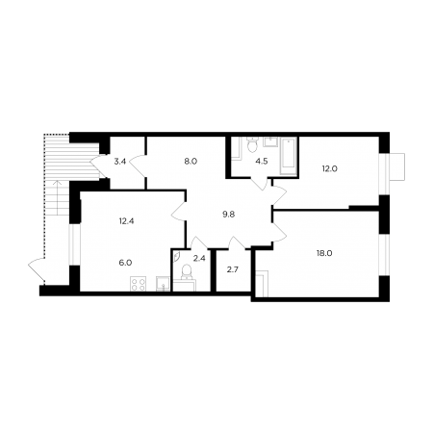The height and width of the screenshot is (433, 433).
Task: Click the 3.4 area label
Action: pos(120,162)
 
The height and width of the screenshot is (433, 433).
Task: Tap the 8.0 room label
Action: pos(191,162)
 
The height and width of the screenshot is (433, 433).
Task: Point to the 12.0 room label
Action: pos(330,168)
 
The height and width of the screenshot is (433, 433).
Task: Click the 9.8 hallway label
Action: pos(229,215)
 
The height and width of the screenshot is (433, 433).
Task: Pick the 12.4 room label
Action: pos(126,221)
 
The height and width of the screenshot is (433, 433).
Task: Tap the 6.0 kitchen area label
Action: pos(125,263)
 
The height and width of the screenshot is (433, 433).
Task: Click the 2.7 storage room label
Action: pos(233,269)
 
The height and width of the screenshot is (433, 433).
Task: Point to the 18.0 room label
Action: pos(324,253)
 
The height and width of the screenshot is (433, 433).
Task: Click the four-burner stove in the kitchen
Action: pos(139,284)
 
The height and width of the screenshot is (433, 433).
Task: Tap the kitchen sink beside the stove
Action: pos(164,284)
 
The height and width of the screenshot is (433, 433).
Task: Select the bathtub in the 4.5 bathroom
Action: pos(288,157)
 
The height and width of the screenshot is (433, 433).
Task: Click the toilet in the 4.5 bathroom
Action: pos(253,144)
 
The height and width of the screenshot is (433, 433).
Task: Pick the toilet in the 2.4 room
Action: pos(186,272)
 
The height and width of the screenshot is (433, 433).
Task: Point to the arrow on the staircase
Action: pos(58,198)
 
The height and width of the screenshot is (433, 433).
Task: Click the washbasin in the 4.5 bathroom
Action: pos(270,141)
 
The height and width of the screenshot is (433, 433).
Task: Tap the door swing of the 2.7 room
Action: pos(237,242)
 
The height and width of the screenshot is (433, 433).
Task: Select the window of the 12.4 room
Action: pos(75,244)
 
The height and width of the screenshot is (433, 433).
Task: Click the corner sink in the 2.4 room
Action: pos(177,255)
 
